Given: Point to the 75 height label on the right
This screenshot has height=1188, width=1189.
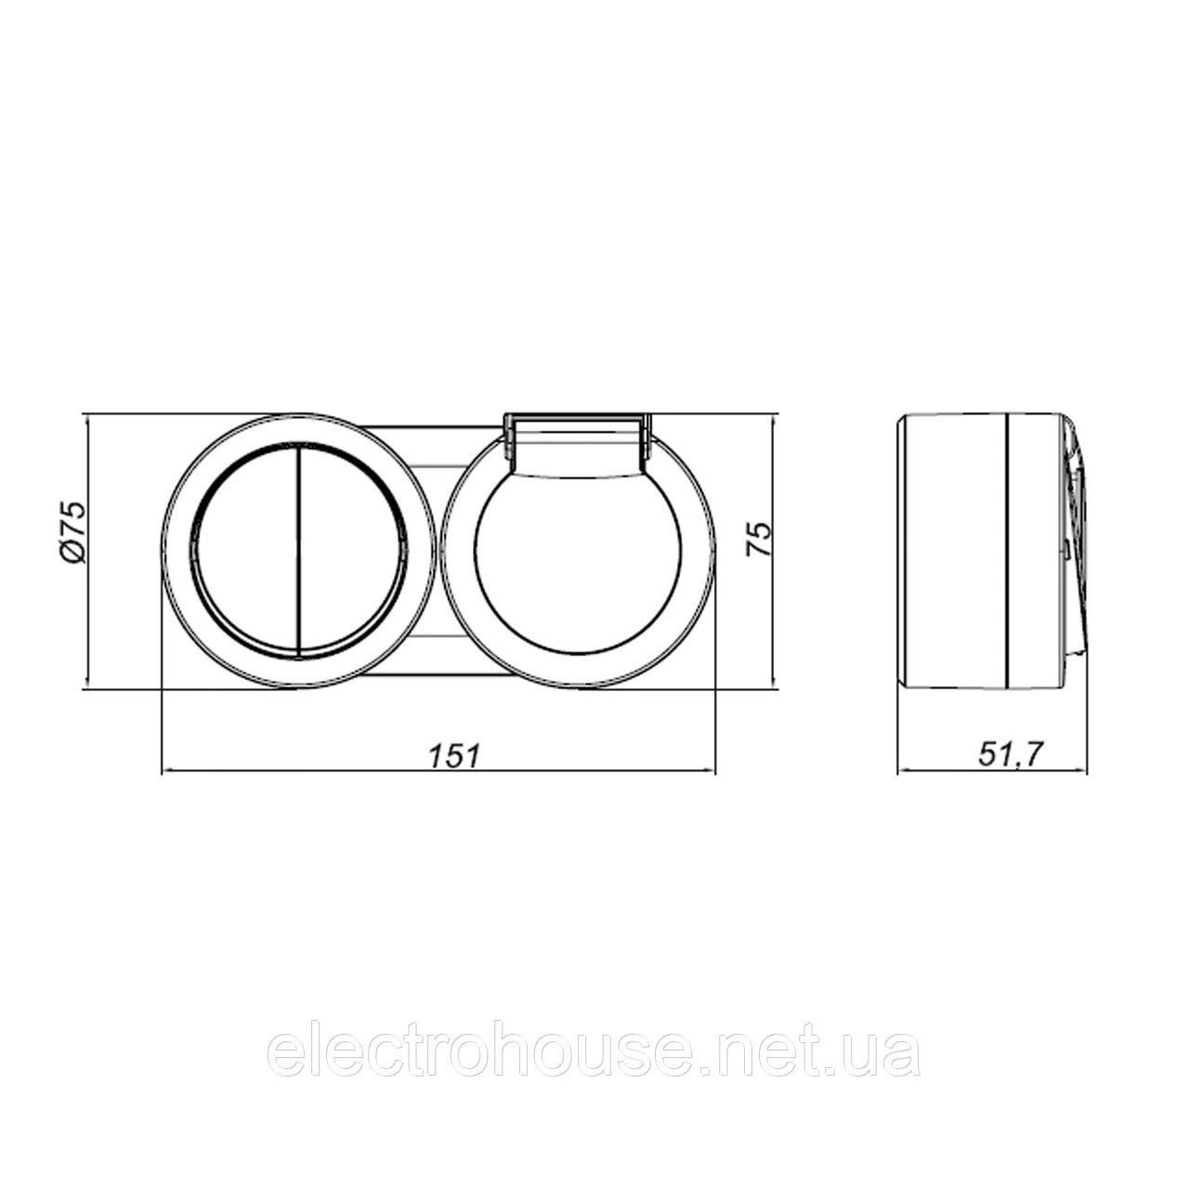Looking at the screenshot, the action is click(759, 539).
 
